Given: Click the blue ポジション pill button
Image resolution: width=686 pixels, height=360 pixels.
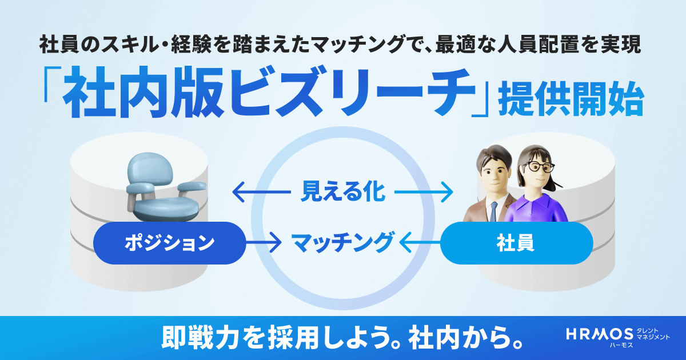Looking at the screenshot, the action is coord(169,243).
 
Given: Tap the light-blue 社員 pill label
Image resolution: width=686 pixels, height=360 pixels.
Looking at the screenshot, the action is coord(516,243).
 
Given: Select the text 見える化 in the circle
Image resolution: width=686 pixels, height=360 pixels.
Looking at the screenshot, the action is coord(342,192).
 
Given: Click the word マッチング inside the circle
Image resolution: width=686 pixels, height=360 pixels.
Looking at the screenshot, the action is coord(342,243).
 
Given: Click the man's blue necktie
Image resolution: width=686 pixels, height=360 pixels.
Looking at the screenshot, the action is coord(493,212).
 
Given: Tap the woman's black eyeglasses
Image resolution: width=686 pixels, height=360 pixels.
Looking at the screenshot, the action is coord(540,167).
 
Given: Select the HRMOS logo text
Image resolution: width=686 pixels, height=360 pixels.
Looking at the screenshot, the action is coord(599,334).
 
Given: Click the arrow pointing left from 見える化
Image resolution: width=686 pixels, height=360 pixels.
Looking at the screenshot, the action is coord(262,192).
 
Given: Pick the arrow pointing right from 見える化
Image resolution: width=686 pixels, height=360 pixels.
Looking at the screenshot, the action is coord(424,192).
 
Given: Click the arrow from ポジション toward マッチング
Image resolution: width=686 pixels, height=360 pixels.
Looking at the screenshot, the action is coord(264,243).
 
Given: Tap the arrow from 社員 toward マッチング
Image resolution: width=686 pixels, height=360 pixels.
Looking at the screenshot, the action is coord(420,243).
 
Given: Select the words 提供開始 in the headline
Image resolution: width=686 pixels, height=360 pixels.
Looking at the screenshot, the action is coord(571,100).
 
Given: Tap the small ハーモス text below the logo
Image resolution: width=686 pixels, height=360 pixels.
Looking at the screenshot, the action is coord(621,345).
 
